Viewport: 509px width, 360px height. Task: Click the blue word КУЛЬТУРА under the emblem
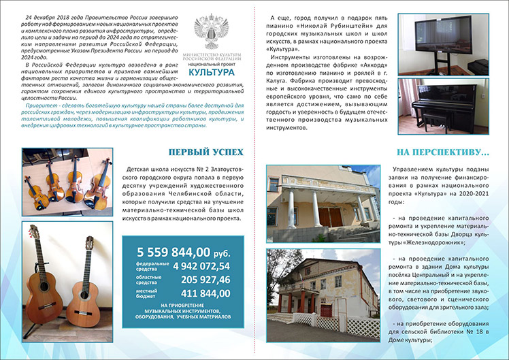212,71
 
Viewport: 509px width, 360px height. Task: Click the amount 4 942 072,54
201,265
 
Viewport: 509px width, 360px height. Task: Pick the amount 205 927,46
206,279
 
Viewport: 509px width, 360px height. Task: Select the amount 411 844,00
206,293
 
